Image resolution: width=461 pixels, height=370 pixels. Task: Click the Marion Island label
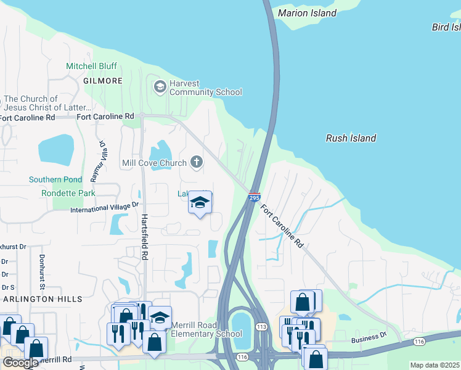[307, 13]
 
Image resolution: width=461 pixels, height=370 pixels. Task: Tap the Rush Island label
[351, 138]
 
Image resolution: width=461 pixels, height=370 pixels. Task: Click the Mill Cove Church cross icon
[197, 162]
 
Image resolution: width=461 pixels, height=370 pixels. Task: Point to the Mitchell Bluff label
[92, 65]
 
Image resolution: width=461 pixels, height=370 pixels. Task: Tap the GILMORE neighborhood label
[102, 81]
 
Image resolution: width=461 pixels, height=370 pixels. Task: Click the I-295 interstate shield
[254, 197]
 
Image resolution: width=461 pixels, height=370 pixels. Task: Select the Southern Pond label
[55, 179]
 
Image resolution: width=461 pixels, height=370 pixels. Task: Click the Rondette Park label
[68, 193]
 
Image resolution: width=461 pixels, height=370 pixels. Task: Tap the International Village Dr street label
[105, 207]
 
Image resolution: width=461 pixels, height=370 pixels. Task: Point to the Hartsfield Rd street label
[145, 236]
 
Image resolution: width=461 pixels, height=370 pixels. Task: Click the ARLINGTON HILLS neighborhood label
[41, 299]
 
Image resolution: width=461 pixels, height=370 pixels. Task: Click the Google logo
[20, 363]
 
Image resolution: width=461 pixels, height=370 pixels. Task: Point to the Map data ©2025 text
[434, 365]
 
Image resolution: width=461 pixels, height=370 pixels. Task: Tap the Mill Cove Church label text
[154, 163]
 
